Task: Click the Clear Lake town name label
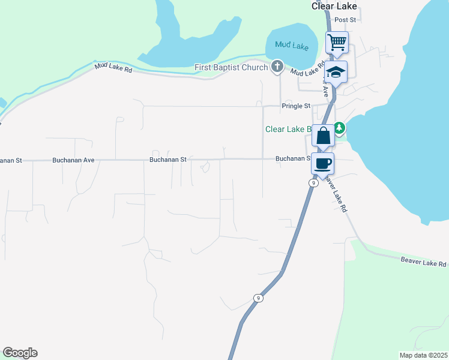click(334, 6)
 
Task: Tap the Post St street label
click(346, 20)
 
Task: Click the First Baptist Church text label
click(231, 67)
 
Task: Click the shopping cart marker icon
click(337, 42)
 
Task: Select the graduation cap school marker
click(336, 73)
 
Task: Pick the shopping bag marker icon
click(323, 136)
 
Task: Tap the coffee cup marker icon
click(322, 163)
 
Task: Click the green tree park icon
click(339, 128)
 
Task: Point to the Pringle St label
click(296, 106)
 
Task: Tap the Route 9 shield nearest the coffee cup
click(313, 184)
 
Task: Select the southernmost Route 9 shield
click(258, 298)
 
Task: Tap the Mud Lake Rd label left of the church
click(112, 69)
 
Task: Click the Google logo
click(20, 353)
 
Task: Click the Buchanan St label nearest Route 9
click(292, 159)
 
